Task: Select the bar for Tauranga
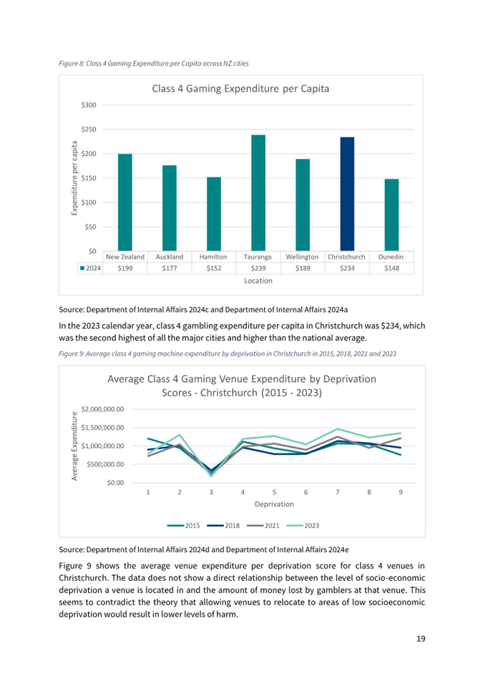pyautogui.click(x=258, y=192)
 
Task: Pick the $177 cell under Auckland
pyautogui.click(x=170, y=268)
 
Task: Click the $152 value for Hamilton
pyautogui.click(x=214, y=268)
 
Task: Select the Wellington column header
pyautogui.click(x=302, y=256)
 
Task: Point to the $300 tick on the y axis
pyautogui.click(x=89, y=105)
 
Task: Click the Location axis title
pyautogui.click(x=258, y=281)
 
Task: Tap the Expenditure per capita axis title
pyautogui.click(x=74, y=177)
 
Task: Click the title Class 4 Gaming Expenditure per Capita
pyautogui.click(x=240, y=89)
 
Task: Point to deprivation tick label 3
pyautogui.click(x=211, y=492)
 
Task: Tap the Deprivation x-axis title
pyautogui.click(x=273, y=504)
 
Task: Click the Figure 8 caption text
pyautogui.click(x=153, y=64)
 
